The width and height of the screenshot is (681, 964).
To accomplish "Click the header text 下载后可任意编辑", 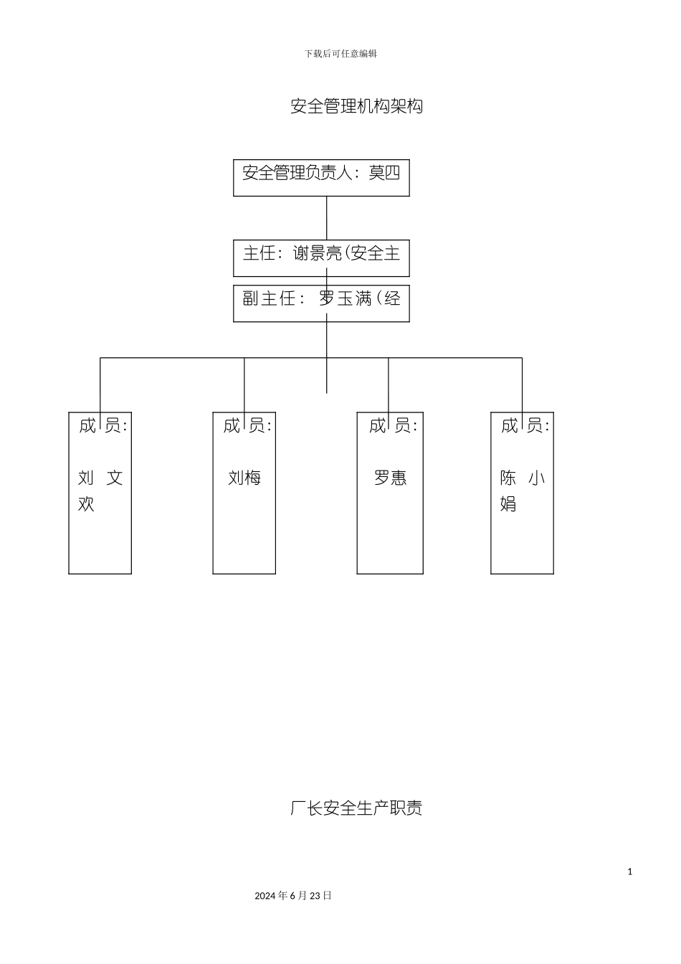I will tap(340, 54).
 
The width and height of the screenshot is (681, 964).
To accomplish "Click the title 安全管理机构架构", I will tap(356, 106).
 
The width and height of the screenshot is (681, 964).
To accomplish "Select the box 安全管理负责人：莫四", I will tap(321, 178).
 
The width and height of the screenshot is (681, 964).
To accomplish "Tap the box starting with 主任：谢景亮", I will tap(321, 258).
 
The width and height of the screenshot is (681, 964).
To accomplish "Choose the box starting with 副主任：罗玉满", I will tap(321, 303).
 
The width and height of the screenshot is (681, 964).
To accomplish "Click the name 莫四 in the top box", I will tap(384, 173).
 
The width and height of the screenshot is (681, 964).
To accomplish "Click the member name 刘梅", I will tap(244, 478).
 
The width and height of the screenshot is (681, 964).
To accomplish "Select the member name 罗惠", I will tap(391, 478).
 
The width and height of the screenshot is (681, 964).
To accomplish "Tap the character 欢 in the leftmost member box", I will tap(86, 504).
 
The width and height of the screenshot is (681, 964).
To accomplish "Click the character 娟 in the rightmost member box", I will tap(508, 504).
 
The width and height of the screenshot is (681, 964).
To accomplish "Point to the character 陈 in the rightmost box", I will tap(508, 478).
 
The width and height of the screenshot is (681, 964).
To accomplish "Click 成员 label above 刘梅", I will tap(247, 426).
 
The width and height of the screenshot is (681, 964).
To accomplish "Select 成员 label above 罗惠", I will tap(392, 426).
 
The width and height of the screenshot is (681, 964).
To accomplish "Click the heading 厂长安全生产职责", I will tap(356, 808).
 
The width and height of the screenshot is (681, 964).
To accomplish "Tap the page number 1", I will tap(630, 871).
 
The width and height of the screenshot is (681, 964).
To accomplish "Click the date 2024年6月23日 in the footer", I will tap(293, 896).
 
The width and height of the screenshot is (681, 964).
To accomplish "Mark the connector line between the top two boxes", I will tap(327, 218).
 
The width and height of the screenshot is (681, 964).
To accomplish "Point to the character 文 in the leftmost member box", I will tap(115, 478).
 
